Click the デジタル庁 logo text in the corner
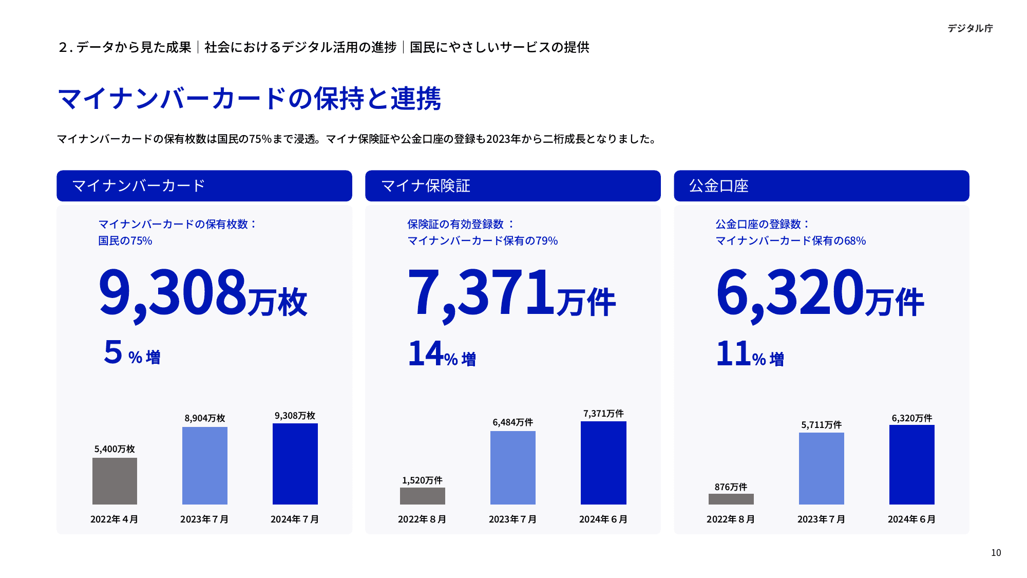tap(970, 28)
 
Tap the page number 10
tap(996, 553)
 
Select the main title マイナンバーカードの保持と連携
tap(249, 99)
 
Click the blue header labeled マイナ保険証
tap(512, 185)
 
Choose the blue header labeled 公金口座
tap(821, 185)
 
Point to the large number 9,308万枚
tap(203, 293)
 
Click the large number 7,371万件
tap(511, 293)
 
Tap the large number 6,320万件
tap(820, 293)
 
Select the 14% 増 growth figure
tap(442, 354)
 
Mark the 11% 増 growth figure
tap(750, 354)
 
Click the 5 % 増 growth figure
tap(132, 353)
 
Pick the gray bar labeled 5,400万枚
tap(115, 481)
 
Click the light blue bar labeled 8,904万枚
tap(204, 465)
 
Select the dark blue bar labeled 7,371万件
tap(603, 462)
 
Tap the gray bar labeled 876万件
tap(731, 499)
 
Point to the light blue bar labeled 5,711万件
tap(821, 468)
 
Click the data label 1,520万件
tap(422, 480)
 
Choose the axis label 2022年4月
tap(114, 519)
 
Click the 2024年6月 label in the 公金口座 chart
tap(911, 519)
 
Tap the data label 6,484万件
tap(512, 422)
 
